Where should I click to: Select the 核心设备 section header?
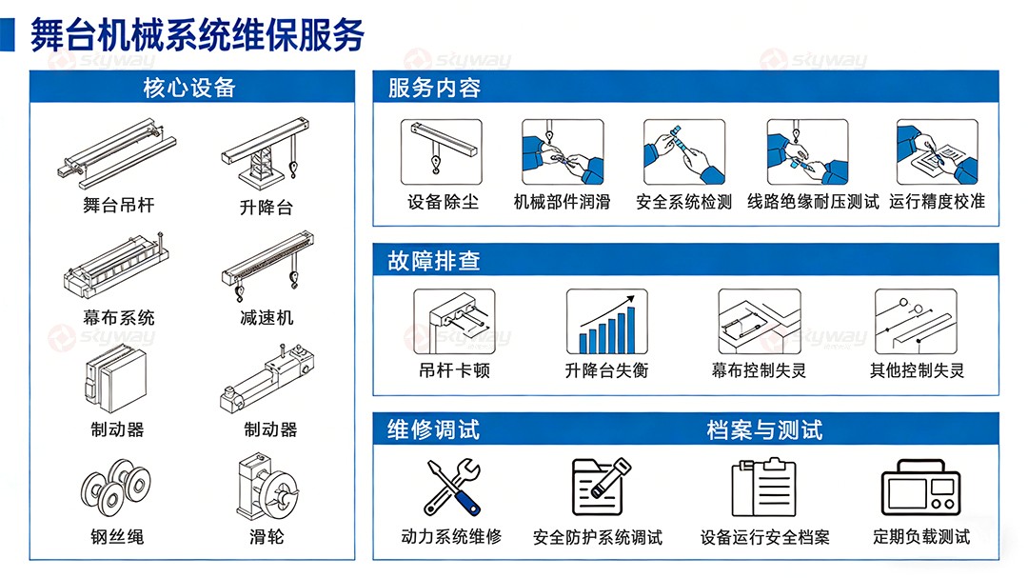click(x=188, y=89)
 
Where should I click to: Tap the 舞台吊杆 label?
click(x=119, y=206)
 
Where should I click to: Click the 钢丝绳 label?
click(x=117, y=537)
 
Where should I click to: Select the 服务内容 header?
click(x=434, y=89)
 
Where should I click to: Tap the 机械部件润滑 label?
click(x=562, y=202)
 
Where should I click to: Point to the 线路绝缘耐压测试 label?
click(x=813, y=202)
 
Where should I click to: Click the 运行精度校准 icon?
click(x=937, y=151)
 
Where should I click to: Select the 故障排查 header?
click(x=434, y=261)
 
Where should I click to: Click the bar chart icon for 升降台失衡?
click(x=606, y=322)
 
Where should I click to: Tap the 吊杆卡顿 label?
click(x=454, y=370)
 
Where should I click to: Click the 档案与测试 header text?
click(x=764, y=429)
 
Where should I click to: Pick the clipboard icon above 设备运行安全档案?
click(x=763, y=488)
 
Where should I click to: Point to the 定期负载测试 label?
click(x=921, y=537)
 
